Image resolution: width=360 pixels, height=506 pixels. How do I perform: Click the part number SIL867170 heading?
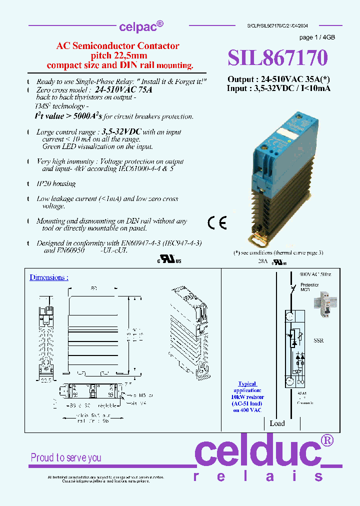click(277, 58)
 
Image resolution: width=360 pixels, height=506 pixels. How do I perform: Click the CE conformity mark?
click(217, 223)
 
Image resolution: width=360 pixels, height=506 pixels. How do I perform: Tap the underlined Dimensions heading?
click(49, 277)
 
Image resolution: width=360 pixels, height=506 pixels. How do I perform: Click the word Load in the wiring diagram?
click(277, 423)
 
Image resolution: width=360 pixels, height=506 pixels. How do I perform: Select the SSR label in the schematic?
click(318, 340)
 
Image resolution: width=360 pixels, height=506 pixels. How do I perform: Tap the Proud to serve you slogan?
click(66, 457)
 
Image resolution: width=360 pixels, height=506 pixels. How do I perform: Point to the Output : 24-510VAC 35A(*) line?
click(278, 79)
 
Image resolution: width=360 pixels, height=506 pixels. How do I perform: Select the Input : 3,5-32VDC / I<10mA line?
click(278, 88)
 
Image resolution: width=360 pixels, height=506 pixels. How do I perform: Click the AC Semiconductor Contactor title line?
click(117, 46)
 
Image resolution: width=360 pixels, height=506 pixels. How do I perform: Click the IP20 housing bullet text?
click(56, 183)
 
